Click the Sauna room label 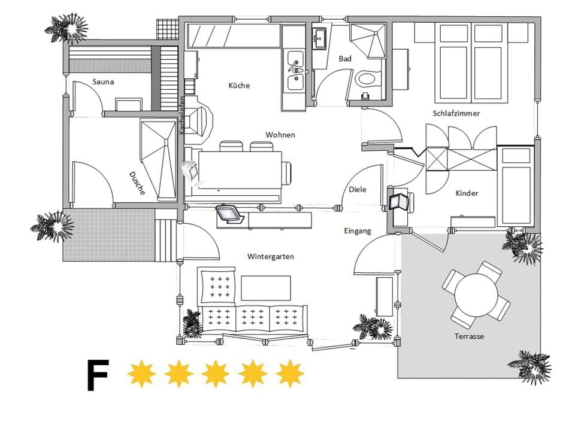coord(103,81)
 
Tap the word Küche coord(239,85)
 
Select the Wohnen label coord(280,135)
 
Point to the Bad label coord(345,59)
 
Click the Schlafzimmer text coord(456,113)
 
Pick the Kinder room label coord(467,193)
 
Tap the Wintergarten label coord(270,256)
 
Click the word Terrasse coord(469,336)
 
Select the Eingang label coord(358,231)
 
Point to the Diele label coord(358,189)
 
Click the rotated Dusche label coord(137,183)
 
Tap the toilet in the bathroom coord(365,78)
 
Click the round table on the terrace coord(476,295)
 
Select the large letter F coord(98,375)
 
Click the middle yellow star coord(216,374)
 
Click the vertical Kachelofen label coord(181,115)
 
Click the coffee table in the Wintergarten coord(266,288)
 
